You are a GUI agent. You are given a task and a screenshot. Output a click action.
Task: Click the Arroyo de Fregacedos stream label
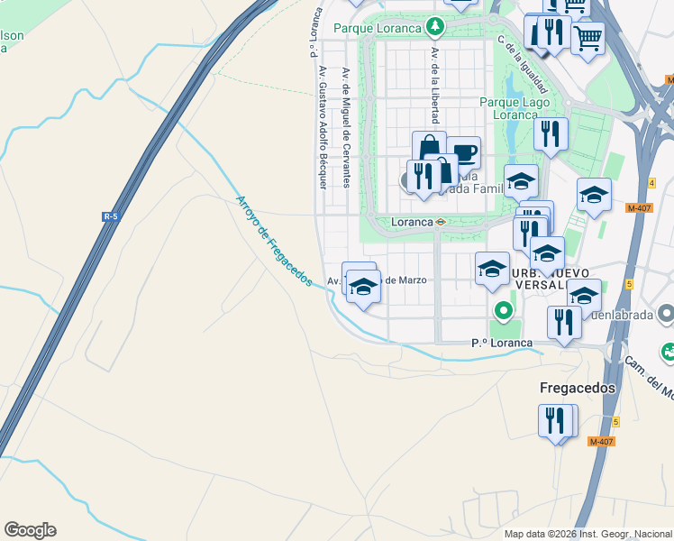point(274,241)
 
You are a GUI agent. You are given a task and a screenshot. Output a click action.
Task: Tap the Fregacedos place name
point(578,388)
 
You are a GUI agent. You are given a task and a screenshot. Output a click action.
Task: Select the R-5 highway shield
point(111,216)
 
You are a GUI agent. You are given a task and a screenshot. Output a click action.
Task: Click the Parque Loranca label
point(378,28)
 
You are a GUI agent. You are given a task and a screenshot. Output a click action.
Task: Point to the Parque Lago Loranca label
point(515,108)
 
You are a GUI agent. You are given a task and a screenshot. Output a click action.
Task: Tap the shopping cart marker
point(588,37)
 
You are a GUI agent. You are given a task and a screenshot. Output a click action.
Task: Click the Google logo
point(30,530)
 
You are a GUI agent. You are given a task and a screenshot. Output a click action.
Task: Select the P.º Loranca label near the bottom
point(503,344)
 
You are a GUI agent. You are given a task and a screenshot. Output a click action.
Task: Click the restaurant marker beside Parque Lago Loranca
point(551,133)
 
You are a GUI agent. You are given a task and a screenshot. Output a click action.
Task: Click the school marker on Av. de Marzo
point(363,286)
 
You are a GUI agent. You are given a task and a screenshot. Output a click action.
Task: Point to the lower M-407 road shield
point(601,441)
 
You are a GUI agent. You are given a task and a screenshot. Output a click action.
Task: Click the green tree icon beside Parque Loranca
point(436,26)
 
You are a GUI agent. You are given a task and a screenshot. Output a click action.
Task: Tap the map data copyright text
point(588,534)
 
